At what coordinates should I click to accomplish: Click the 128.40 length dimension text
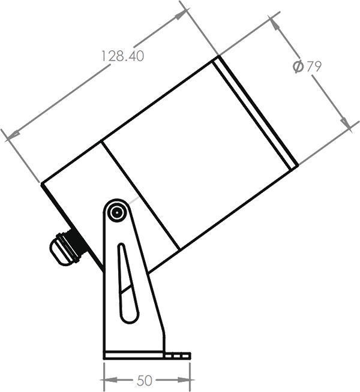(122, 57)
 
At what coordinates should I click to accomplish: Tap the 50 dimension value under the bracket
(144, 381)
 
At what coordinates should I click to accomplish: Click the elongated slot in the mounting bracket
(125, 285)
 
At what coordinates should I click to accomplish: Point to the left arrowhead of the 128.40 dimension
(13, 136)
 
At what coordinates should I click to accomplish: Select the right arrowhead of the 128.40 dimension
(180, 16)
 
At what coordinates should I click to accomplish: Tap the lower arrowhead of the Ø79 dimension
(346, 124)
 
